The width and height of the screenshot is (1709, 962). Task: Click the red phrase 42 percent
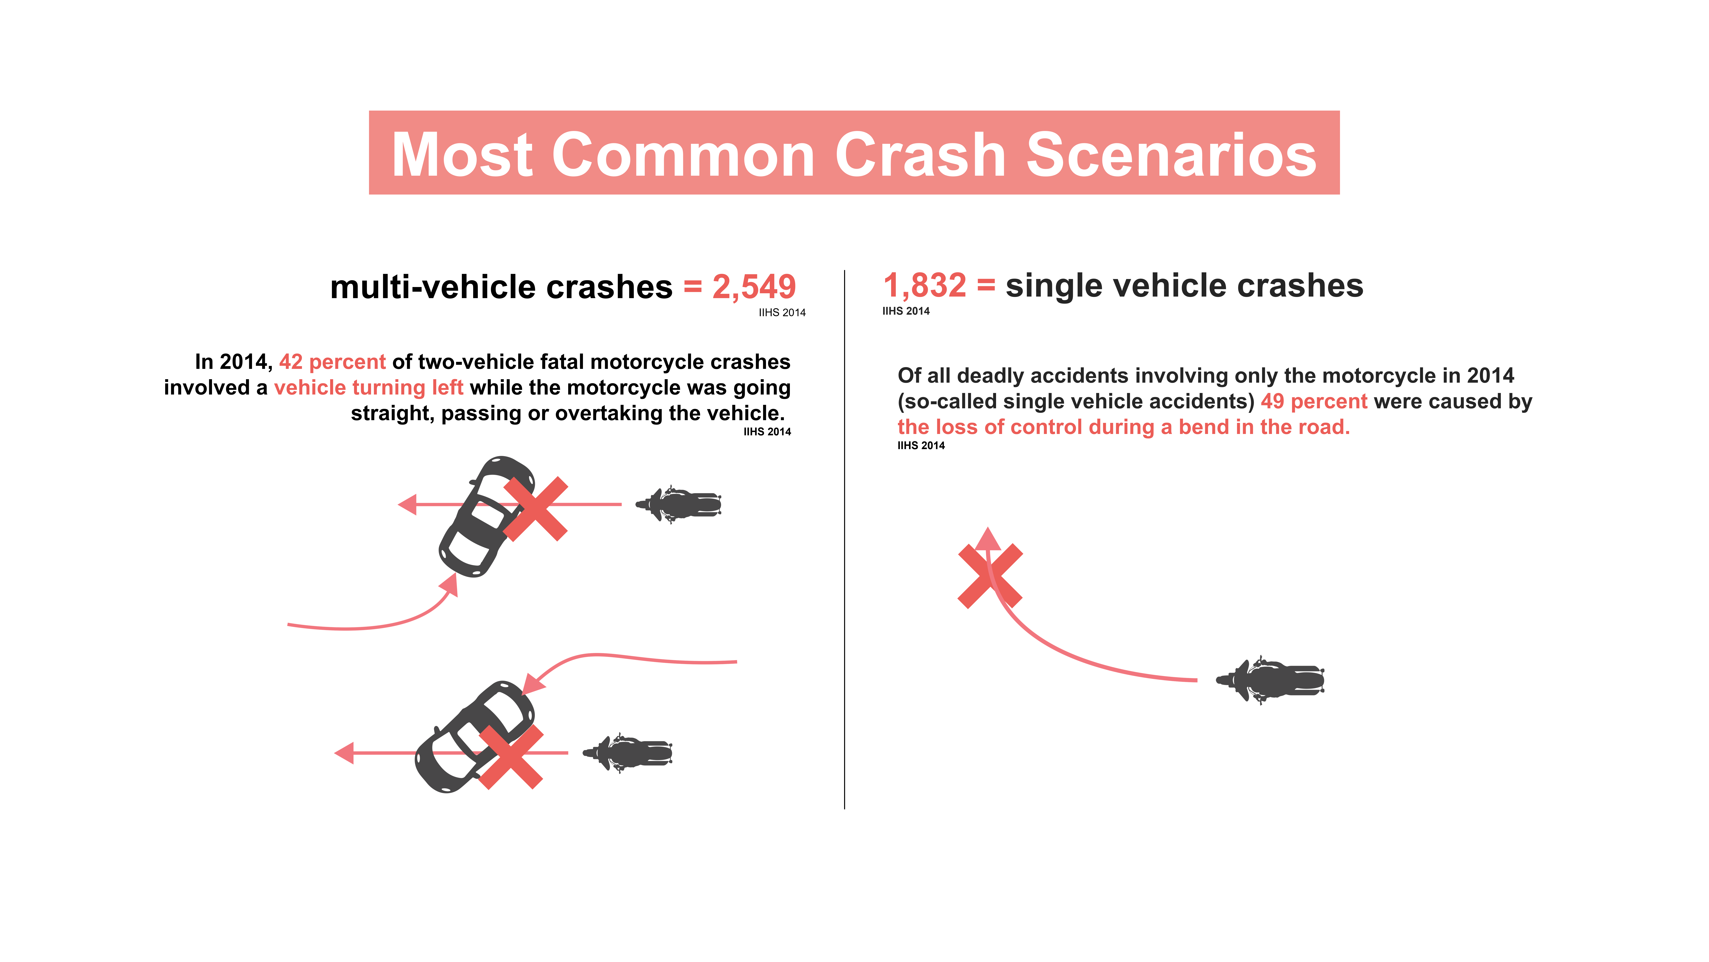[332, 362]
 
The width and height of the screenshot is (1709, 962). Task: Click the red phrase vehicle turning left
[369, 388]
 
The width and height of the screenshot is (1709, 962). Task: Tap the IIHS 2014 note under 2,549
[782, 313]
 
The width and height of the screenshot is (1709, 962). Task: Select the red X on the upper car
[535, 508]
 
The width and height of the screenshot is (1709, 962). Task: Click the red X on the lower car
[511, 757]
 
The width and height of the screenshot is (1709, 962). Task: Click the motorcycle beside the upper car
[678, 504]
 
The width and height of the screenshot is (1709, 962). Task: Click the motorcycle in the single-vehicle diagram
[1270, 680]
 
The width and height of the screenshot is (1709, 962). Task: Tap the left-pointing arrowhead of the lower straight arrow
[344, 753]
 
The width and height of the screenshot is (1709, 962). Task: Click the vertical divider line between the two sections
[844, 539]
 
